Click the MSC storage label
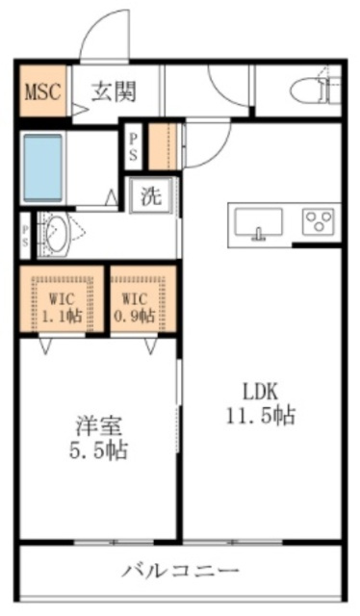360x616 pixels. [x=43, y=91]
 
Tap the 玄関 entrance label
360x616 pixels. [x=114, y=92]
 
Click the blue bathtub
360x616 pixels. [x=43, y=168]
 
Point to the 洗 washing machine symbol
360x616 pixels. [x=151, y=195]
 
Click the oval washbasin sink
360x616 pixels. [x=58, y=235]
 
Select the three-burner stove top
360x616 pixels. [x=318, y=222]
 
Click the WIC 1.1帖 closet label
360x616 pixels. [x=62, y=307]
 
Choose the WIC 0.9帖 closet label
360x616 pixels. [x=134, y=307]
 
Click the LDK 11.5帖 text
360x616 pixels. [x=260, y=404]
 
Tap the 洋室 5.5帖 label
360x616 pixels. [x=98, y=439]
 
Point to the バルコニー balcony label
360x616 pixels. [x=180, y=571]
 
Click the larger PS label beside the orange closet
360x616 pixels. [x=134, y=147]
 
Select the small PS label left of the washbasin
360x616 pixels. [x=26, y=235]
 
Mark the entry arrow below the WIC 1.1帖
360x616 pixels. [x=45, y=346]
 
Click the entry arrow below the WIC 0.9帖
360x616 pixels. [x=151, y=346]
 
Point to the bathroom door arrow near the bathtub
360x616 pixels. [x=112, y=197]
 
